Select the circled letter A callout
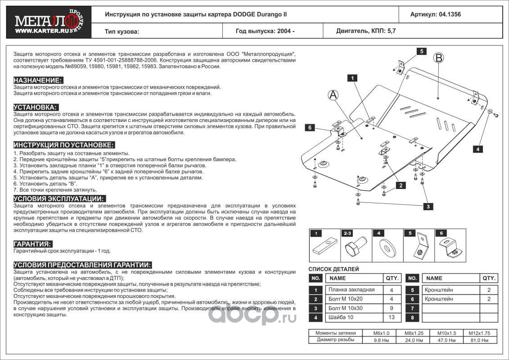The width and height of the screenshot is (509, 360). (333, 94)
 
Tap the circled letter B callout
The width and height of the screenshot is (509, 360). (439, 58)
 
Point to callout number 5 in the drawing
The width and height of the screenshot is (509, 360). (422, 51)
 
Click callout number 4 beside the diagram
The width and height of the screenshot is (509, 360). (478, 148)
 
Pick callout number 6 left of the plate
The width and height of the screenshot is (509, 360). (310, 128)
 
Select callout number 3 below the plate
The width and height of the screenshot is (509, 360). (428, 206)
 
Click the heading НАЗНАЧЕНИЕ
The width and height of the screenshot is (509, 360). (38, 80)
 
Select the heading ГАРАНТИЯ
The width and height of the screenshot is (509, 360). (32, 243)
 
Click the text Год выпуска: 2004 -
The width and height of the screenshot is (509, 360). (265, 31)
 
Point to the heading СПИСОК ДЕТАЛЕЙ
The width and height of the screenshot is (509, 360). (333, 269)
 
